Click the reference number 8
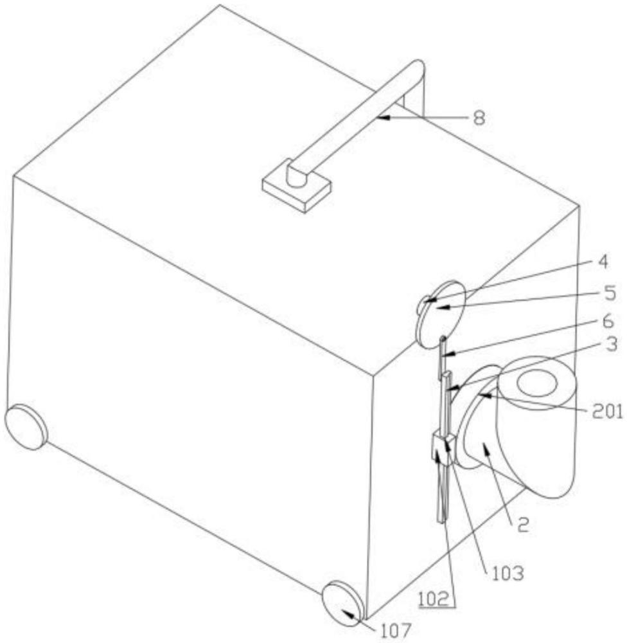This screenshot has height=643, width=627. click(x=479, y=118)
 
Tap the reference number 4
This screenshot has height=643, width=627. click(x=603, y=262)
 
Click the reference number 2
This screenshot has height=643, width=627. click(x=524, y=525)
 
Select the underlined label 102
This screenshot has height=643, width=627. click(x=436, y=599)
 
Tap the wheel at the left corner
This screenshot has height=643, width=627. click(x=26, y=427)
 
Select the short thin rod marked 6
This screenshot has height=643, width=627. click(x=443, y=358)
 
